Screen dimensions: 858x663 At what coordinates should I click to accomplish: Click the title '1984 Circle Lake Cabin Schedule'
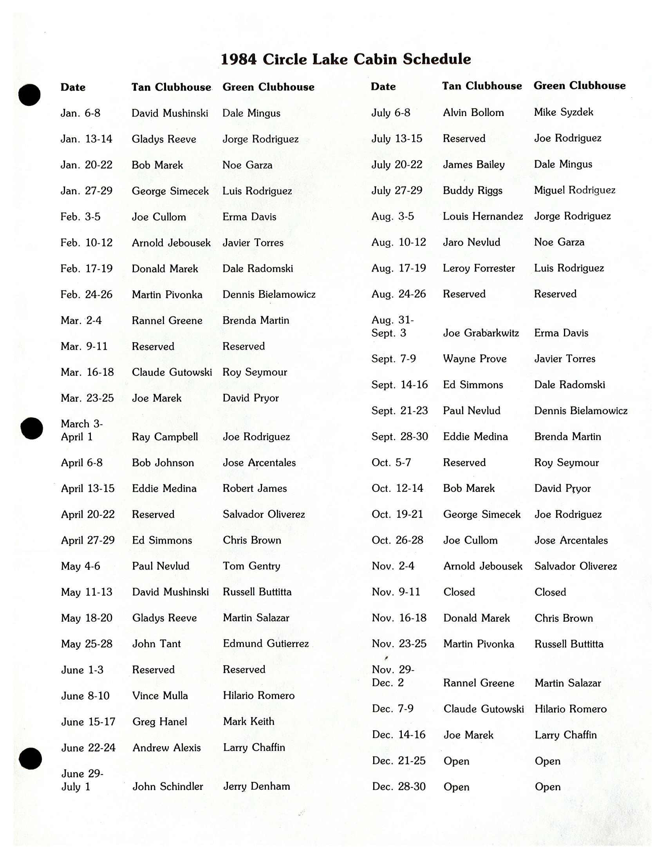click(345, 59)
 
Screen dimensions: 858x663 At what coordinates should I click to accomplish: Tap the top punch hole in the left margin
click(29, 95)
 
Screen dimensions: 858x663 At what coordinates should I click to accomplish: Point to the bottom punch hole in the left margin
click(30, 758)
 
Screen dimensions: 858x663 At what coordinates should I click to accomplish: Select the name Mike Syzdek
click(563, 112)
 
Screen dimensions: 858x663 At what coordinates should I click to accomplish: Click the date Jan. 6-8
click(80, 113)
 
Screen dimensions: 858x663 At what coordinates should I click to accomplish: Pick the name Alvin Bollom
click(473, 113)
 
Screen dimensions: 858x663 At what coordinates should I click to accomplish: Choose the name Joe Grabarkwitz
click(481, 333)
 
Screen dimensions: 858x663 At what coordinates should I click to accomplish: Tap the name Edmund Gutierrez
click(266, 644)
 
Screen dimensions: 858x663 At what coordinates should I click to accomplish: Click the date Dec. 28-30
click(398, 787)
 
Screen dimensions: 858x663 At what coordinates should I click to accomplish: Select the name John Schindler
click(168, 787)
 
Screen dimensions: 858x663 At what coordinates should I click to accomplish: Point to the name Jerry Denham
click(257, 787)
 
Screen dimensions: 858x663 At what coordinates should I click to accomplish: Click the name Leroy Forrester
click(479, 268)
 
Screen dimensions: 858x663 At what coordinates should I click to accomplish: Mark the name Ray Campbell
click(165, 437)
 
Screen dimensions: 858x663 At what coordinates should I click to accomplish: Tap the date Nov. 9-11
click(396, 592)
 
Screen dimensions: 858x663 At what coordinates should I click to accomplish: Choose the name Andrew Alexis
click(166, 747)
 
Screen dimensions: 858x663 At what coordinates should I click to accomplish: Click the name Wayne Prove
click(475, 359)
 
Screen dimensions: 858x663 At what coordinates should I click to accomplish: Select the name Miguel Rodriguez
click(574, 190)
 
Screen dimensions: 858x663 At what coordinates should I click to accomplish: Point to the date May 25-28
click(87, 644)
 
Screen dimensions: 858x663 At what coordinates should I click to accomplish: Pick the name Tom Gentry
click(251, 566)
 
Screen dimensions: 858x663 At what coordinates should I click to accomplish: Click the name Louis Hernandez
click(483, 216)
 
